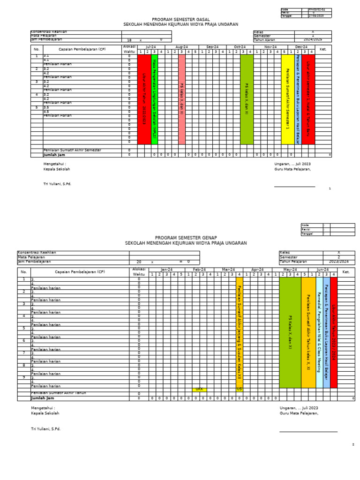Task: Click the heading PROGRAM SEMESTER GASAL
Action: (180, 19)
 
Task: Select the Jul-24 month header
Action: (150, 47)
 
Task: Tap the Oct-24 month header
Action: (240, 47)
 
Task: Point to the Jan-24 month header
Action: (167, 270)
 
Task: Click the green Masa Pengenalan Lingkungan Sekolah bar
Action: (155, 99)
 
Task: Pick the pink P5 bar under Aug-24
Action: (182, 99)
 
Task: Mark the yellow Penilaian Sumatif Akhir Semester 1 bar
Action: (287, 99)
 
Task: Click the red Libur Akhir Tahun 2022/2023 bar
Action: (144, 99)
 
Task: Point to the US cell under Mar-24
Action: (239, 389)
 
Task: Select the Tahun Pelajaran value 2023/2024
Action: (338, 262)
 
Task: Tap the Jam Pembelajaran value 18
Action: (129, 40)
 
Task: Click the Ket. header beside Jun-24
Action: (346, 272)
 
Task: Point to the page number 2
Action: (353, 444)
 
